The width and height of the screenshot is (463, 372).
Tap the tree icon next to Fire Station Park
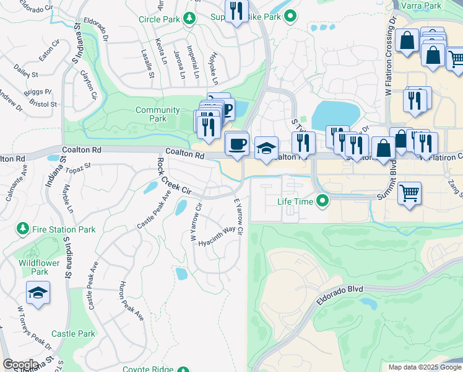tap(23, 229)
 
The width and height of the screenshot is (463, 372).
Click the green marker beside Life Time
tap(322, 201)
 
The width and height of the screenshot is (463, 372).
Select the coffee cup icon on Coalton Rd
tap(237, 144)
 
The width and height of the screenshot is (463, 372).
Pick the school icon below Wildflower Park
tap(38, 293)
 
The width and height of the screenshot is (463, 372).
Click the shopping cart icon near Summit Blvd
tap(410, 193)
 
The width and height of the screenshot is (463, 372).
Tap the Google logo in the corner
tap(20, 365)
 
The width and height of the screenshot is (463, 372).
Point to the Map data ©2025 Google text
tap(425, 367)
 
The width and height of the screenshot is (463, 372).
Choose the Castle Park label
tap(73, 334)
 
